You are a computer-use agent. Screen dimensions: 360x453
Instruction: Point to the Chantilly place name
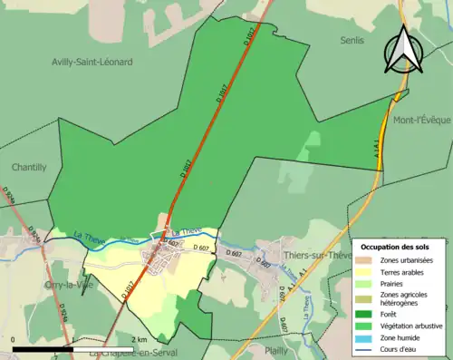point(29,167)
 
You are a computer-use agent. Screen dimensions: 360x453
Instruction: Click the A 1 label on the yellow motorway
point(377,160)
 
